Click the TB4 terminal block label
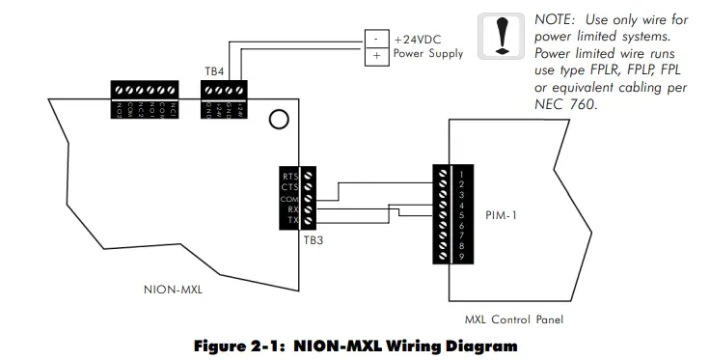tap(215, 71)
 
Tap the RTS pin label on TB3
tap(289, 176)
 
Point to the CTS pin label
tap(289, 186)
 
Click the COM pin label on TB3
tap(288, 197)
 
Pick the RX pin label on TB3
tap(291, 208)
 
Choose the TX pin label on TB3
tap(291, 219)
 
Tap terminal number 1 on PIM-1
tap(463, 174)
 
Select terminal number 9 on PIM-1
tap(463, 258)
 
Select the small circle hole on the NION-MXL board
tap(278, 120)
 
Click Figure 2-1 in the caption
tap(240, 345)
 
